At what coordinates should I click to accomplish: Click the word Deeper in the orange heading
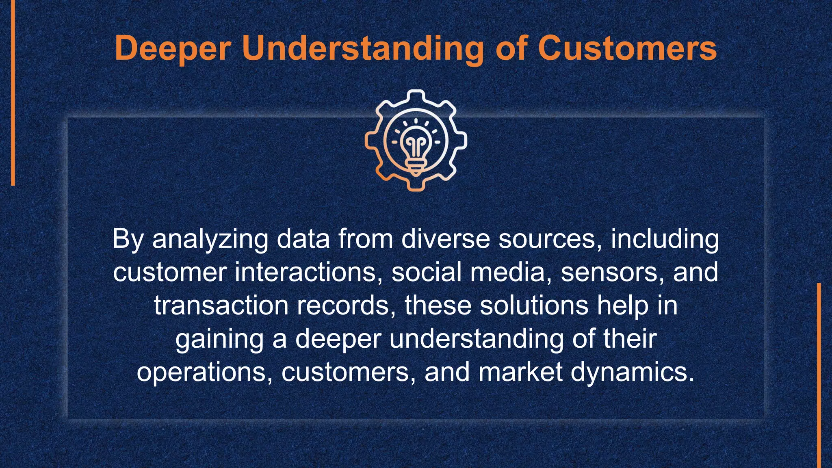click(173, 48)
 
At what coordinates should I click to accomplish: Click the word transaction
click(221, 305)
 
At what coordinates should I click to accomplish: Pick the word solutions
click(534, 305)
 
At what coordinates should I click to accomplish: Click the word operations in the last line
click(205, 372)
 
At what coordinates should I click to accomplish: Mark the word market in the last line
click(520, 372)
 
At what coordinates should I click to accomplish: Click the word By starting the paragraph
click(128, 239)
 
